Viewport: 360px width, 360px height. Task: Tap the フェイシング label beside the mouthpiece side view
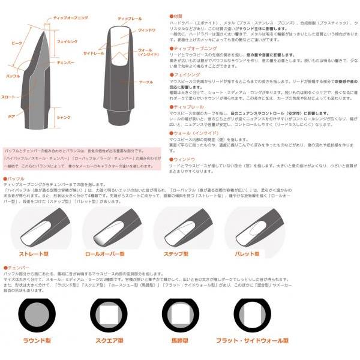coord(65,43)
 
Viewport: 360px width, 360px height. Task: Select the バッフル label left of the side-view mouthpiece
coord(11,77)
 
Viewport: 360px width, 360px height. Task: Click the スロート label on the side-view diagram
coord(9,97)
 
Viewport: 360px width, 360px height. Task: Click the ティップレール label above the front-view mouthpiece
coord(130,19)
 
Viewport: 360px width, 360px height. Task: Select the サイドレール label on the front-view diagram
coord(92,53)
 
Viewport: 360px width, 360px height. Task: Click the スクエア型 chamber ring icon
coord(110,314)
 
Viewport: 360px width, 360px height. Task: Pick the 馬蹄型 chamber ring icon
coord(178,314)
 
